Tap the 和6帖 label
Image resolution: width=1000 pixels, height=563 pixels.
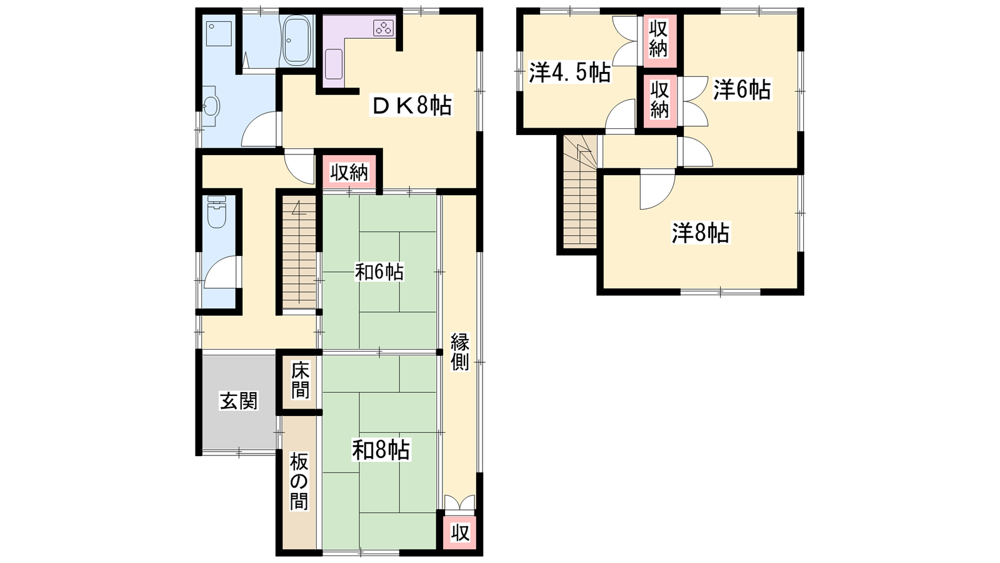379,272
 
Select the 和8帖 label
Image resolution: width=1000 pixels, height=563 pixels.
381,450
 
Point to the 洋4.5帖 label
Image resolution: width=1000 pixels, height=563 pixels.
569,73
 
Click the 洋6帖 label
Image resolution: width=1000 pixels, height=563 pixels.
741,90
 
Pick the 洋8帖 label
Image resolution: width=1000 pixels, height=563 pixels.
701,233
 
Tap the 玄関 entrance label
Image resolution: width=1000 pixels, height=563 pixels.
239,401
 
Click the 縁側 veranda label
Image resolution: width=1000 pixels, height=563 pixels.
460,352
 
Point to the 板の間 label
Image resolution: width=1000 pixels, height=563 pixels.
299,481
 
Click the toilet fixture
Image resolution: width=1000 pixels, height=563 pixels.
217,213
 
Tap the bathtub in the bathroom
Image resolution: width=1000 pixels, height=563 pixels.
297,40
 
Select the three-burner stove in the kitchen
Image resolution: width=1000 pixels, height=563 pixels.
384,28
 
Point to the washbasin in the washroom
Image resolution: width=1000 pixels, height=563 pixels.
210,107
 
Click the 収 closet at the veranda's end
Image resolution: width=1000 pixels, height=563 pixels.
460,532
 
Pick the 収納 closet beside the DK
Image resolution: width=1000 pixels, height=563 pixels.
349,172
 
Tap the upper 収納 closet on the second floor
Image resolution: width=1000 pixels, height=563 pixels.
659,40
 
